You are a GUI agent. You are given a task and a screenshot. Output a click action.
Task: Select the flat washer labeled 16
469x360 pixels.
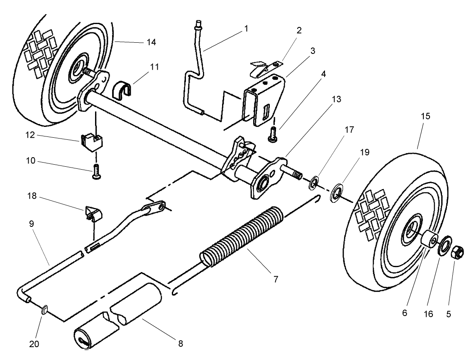click(x=444, y=245)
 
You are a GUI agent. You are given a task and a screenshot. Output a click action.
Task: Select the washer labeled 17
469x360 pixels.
click(x=314, y=182)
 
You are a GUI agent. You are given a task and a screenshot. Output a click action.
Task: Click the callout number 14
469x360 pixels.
click(x=152, y=42)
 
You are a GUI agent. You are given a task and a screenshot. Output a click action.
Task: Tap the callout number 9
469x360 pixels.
click(x=32, y=223)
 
